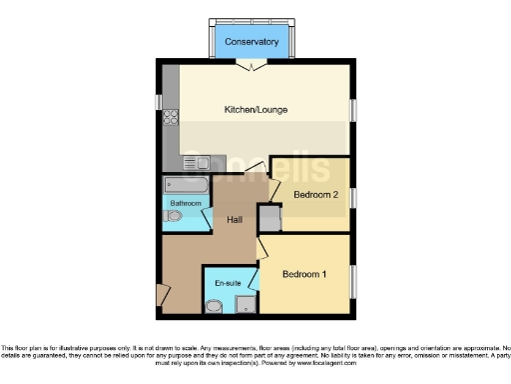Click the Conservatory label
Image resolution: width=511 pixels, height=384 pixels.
(x=251, y=42)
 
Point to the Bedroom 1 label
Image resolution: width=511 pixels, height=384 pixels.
(x=303, y=274)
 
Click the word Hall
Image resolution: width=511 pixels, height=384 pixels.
(x=236, y=220)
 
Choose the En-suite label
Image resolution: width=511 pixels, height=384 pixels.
(x=229, y=283)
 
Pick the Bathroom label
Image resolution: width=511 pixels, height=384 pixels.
(x=185, y=203)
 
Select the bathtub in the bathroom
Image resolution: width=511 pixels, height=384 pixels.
(x=186, y=186)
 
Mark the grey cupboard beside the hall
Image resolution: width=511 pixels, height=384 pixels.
(x=267, y=218)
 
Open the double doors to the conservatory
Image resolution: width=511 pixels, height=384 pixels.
(x=251, y=65)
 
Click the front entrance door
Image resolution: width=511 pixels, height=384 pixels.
(x=161, y=294)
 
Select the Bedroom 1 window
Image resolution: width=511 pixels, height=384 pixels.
(x=352, y=280)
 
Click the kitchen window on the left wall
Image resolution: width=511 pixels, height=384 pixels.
(x=158, y=102)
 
